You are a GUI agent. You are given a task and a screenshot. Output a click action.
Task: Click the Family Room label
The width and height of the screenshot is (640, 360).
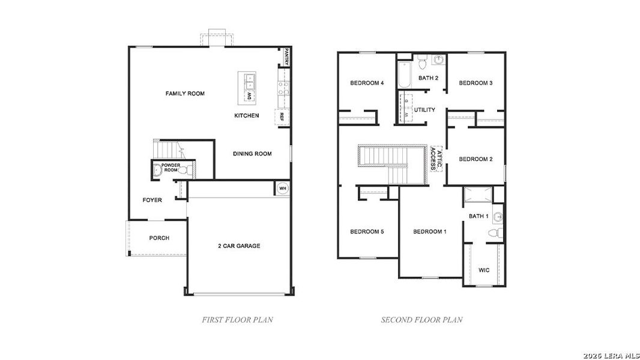point(185,94)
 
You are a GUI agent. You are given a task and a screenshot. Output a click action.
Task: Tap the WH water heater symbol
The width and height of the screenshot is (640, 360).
point(282,188)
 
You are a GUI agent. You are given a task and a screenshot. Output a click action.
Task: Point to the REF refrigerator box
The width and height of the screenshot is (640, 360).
point(281,117)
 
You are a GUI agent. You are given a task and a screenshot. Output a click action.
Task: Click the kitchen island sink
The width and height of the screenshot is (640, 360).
point(248,79)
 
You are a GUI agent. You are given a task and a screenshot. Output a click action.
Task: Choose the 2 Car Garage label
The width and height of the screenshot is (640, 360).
point(239,246)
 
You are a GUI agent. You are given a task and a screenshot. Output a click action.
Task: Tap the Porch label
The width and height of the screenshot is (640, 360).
point(159,238)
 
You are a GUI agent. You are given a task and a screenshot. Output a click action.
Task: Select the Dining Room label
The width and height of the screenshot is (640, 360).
point(252,154)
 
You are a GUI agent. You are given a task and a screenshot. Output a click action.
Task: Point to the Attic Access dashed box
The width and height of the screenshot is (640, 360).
point(436,158)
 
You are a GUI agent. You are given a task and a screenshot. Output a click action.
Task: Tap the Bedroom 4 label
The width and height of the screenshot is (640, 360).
point(367,83)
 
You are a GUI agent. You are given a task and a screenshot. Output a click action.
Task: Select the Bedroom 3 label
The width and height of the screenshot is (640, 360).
point(475,83)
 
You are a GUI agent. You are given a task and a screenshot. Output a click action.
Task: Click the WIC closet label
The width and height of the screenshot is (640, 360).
point(484,270)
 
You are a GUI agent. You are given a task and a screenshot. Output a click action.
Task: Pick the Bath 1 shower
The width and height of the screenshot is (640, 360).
point(478,195)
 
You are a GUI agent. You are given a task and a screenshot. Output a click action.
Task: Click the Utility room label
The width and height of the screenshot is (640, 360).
point(424,110)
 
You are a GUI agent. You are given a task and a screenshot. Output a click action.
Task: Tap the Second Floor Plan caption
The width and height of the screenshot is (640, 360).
point(421,320)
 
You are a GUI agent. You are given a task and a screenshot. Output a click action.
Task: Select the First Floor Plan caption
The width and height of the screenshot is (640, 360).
point(237,320)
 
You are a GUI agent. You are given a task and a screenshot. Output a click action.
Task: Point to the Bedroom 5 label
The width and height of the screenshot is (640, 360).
point(367,232)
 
